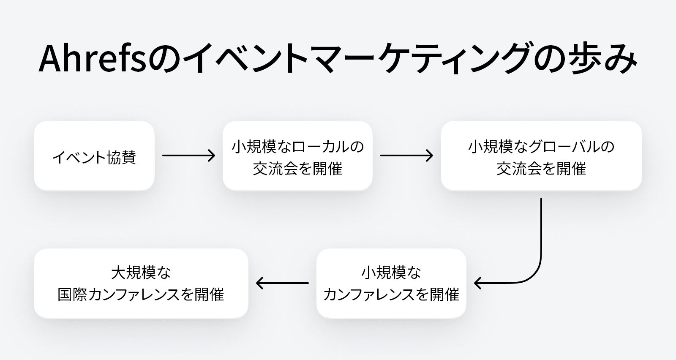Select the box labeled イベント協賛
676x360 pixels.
coord(94,156)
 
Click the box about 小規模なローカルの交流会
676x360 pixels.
coord(297,156)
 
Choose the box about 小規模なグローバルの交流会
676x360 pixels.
coord(541,156)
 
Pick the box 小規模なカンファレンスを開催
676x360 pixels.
coord(391,283)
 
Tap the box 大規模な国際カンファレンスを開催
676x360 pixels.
coord(141,283)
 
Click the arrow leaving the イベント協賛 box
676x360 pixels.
coord(188,156)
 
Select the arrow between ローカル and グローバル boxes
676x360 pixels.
coord(406,156)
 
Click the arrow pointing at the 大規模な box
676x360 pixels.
coord(282,283)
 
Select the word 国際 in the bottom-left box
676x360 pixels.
coord(73,295)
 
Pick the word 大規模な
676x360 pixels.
coord(141,273)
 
